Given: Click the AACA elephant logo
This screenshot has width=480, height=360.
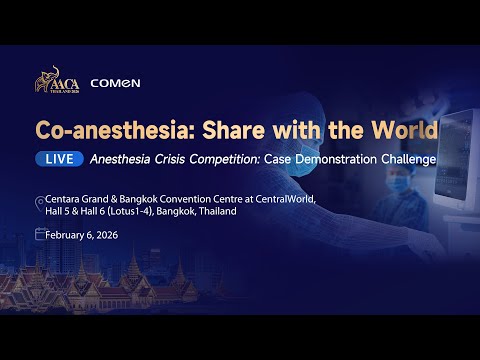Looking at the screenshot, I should [x=56, y=85].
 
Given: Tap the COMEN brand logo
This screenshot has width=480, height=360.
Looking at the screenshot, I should [x=115, y=84].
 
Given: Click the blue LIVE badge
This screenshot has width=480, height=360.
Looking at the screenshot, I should [x=58, y=159].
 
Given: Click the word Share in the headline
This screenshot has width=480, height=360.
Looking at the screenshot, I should [x=222, y=131].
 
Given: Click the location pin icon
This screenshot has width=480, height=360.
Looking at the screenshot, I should [x=39, y=200].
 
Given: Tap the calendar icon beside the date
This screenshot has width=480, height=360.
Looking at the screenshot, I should [x=39, y=235].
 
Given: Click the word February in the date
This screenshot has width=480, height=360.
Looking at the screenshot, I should [x=70, y=235].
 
